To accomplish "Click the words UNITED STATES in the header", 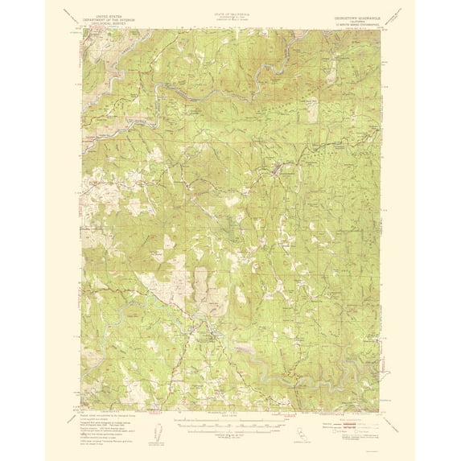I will (x=110, y=14).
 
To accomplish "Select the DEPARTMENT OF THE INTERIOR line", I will (x=110, y=19).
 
